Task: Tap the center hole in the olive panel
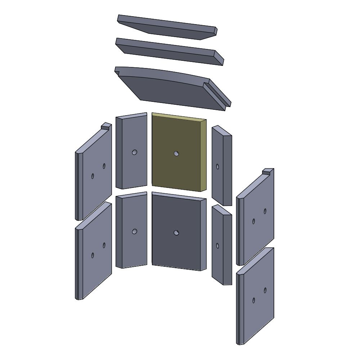click(176, 153)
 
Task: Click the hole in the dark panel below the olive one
click(176, 233)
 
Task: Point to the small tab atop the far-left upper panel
click(106, 126)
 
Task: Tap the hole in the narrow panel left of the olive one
click(134, 152)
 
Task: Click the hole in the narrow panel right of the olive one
click(217, 166)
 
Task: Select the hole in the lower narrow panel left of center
click(134, 231)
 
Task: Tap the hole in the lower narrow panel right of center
click(217, 246)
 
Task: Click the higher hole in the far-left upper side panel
click(104, 166)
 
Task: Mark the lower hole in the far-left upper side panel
click(93, 176)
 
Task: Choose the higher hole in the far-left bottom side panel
click(104, 245)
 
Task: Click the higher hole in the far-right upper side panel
click(265, 211)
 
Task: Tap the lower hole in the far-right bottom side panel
click(253, 300)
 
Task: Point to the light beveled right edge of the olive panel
click(204, 155)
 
